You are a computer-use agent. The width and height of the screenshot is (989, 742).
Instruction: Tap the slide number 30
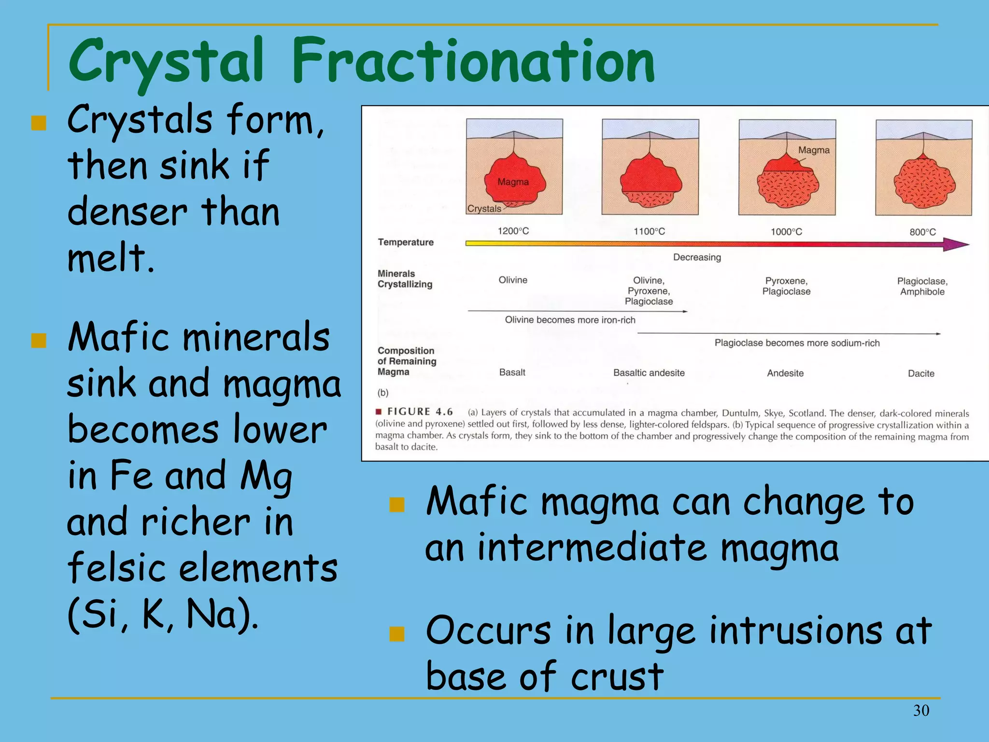click(921, 710)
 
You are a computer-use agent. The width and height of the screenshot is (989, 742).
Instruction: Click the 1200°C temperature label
click(513, 231)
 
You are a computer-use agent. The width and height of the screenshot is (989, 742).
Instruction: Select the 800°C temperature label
click(922, 232)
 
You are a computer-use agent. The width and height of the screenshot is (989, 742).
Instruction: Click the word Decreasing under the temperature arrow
click(697, 257)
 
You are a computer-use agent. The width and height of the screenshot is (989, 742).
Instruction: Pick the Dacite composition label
click(921, 373)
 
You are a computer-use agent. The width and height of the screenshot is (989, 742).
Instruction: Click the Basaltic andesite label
click(649, 373)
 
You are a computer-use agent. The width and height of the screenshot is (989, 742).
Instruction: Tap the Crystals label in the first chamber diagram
click(484, 209)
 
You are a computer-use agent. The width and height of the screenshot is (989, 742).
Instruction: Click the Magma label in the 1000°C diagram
click(814, 150)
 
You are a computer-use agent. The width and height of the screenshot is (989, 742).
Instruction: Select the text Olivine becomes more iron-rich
click(570, 320)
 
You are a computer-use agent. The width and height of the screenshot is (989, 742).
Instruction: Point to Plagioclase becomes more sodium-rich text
click(797, 343)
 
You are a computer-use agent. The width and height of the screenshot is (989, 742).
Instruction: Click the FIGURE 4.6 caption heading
click(420, 412)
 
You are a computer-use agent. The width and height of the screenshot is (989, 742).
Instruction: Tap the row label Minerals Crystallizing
click(405, 279)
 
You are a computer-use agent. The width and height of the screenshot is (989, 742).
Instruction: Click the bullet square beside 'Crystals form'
click(39, 123)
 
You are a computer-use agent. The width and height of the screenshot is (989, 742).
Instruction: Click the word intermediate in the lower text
click(592, 548)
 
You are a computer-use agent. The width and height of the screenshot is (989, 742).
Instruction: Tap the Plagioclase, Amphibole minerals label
click(922, 286)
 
